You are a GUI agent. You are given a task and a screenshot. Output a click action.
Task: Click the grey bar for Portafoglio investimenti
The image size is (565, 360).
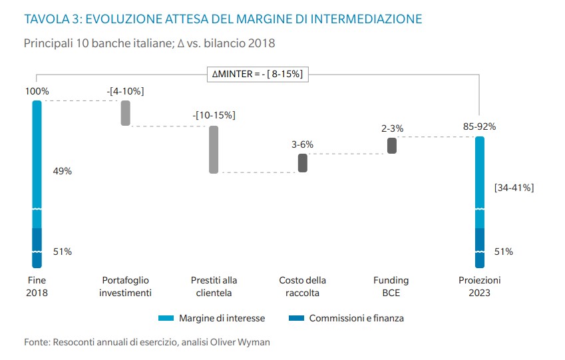(x=125, y=113)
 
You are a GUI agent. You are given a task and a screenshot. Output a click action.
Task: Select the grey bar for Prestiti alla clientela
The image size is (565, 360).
(x=214, y=149)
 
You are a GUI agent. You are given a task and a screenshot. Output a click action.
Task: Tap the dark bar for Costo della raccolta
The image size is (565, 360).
(x=303, y=163)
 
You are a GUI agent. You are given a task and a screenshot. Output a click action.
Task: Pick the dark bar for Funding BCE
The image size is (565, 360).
(x=392, y=146)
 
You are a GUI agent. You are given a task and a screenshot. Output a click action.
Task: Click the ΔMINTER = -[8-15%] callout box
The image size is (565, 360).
(x=257, y=75)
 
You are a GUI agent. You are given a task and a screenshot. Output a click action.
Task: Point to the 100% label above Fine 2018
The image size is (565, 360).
(x=37, y=91)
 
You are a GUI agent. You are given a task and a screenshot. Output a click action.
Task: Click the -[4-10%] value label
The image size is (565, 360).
(x=125, y=90)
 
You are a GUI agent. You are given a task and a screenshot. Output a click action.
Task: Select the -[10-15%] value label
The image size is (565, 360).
(x=214, y=115)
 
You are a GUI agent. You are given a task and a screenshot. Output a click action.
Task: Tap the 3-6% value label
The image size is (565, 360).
(x=303, y=144)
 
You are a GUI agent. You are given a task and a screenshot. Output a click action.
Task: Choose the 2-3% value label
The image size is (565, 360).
(x=392, y=128)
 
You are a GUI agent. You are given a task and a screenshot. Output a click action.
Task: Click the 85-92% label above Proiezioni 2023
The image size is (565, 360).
(x=479, y=126)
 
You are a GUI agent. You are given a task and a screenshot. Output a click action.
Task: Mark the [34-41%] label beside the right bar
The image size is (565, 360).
(x=514, y=188)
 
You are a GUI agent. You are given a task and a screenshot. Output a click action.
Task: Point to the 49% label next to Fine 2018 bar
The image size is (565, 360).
(x=62, y=171)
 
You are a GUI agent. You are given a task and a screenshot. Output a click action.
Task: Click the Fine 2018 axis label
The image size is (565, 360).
(x=37, y=286)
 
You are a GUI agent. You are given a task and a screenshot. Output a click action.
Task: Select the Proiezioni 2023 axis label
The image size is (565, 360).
(x=479, y=286)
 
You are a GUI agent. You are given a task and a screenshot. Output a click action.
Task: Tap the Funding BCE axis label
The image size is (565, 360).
(x=391, y=286)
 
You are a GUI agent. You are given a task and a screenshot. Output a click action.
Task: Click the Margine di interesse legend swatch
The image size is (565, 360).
(x=166, y=318)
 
